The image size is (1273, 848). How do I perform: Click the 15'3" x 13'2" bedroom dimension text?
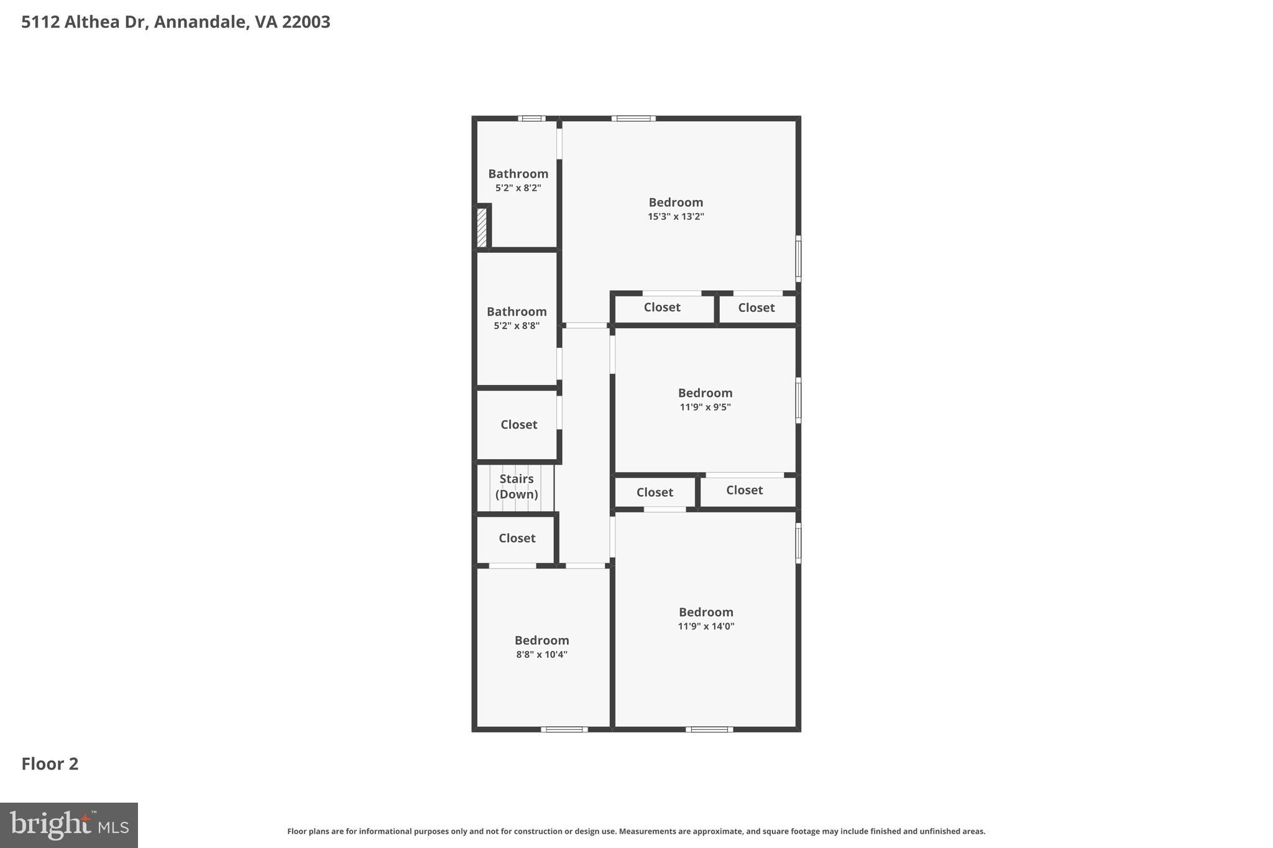[x=676, y=217]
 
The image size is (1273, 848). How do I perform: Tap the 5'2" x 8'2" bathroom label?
[x=518, y=174]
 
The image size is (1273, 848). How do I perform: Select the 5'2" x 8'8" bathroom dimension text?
[x=517, y=326]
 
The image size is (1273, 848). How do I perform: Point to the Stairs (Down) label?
[x=517, y=486]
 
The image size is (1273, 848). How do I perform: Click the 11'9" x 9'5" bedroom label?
[x=705, y=393]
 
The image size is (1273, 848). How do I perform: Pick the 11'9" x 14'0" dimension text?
[x=705, y=626]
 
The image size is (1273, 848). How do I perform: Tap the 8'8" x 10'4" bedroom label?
[x=541, y=641]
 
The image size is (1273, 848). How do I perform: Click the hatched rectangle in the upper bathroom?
[x=482, y=227]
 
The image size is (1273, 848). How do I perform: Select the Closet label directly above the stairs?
[x=518, y=424]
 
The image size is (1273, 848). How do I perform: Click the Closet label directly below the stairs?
[x=517, y=538]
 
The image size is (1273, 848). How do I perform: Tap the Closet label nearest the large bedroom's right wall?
[x=756, y=308]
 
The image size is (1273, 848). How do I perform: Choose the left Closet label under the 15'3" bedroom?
[x=661, y=307]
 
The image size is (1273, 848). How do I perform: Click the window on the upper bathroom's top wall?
[x=531, y=118]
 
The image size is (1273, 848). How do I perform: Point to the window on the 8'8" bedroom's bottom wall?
[x=564, y=729]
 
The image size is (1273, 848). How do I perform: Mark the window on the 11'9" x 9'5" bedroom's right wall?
[x=798, y=400]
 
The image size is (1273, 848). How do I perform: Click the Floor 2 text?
[x=50, y=764]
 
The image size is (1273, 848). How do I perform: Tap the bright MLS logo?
[x=69, y=825]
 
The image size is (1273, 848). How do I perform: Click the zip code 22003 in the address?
[x=306, y=22]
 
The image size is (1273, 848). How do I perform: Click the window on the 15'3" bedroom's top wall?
[x=633, y=118]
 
